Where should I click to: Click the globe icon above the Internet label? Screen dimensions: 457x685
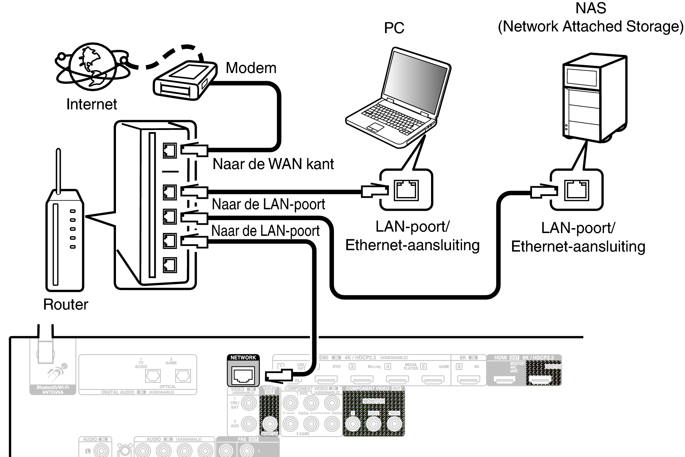[93, 66]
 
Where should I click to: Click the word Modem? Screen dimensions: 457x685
[251, 68]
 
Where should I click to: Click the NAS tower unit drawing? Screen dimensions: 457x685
[594, 98]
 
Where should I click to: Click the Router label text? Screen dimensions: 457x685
[65, 304]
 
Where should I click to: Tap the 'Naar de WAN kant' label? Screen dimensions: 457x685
[273, 164]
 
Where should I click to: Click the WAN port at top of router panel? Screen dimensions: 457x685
[170, 151]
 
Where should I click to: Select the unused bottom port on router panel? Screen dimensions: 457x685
[170, 265]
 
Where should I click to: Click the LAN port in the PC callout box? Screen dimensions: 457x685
[406, 190]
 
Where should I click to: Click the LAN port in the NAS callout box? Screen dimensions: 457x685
[576, 190]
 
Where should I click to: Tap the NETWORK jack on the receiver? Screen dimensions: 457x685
[243, 376]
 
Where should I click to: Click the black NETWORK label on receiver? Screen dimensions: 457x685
[243, 357]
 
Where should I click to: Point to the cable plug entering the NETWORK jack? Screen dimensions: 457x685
[278, 376]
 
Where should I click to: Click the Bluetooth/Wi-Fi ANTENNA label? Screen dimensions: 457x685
[53, 390]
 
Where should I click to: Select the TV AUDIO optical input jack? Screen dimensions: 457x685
[153, 376]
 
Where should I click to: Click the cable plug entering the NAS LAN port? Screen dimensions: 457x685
[543, 191]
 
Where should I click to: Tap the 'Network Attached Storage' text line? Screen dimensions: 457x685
[590, 27]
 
